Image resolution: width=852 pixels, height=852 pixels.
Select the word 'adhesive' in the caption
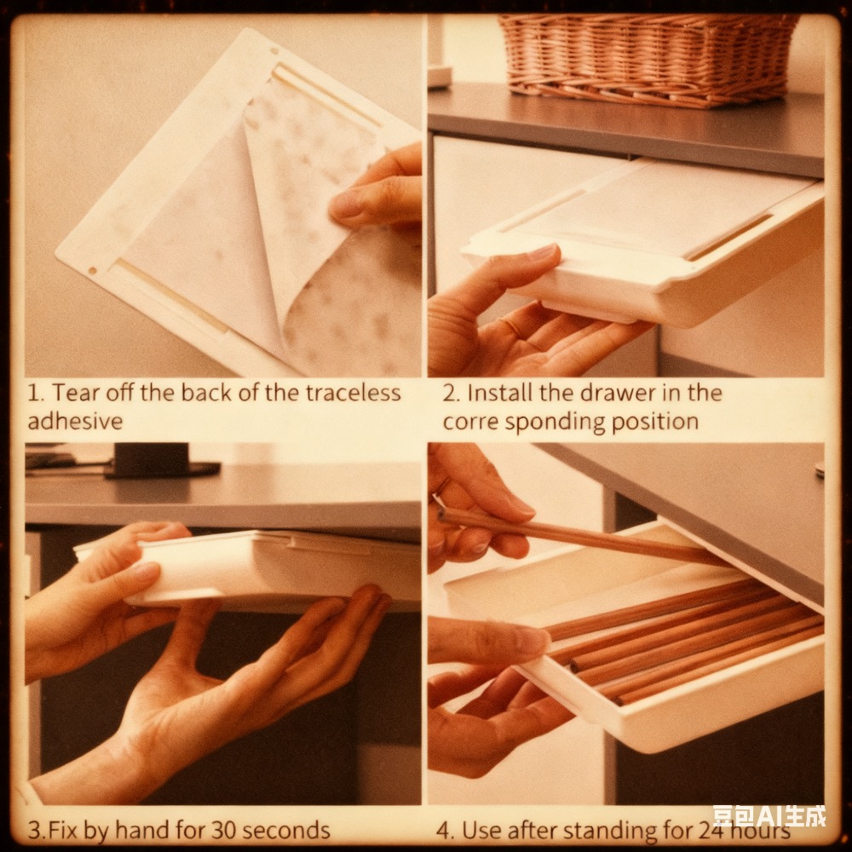(75, 421)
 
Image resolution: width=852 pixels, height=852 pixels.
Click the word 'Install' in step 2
(492, 393)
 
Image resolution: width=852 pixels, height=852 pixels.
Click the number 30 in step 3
(224, 830)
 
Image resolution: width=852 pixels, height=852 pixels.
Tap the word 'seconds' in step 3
(286, 830)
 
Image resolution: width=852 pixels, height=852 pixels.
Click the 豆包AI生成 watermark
(769, 816)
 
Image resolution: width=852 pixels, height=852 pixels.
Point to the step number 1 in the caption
(34, 393)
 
